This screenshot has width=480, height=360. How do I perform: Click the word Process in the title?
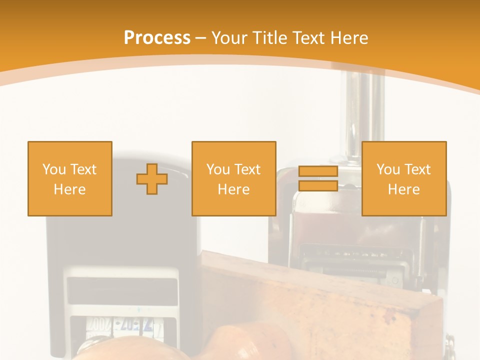click(x=157, y=38)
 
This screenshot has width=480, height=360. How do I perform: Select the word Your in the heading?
click(x=230, y=38)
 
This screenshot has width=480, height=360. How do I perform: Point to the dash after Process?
click(x=200, y=38)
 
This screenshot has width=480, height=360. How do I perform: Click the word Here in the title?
click(x=349, y=38)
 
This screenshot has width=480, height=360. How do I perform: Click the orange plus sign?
click(x=152, y=179)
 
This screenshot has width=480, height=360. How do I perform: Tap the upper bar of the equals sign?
click(x=318, y=171)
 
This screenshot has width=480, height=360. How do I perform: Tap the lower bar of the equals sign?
click(x=318, y=186)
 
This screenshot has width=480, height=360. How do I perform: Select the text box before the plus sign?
click(x=69, y=178)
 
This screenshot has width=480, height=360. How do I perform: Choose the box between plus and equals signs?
click(x=233, y=178)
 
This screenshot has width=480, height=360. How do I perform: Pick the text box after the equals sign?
click(x=403, y=178)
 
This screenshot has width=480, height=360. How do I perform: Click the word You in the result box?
click(x=387, y=169)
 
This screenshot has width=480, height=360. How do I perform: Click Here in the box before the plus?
click(x=69, y=189)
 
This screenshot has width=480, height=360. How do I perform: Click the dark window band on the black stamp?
click(x=122, y=290)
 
